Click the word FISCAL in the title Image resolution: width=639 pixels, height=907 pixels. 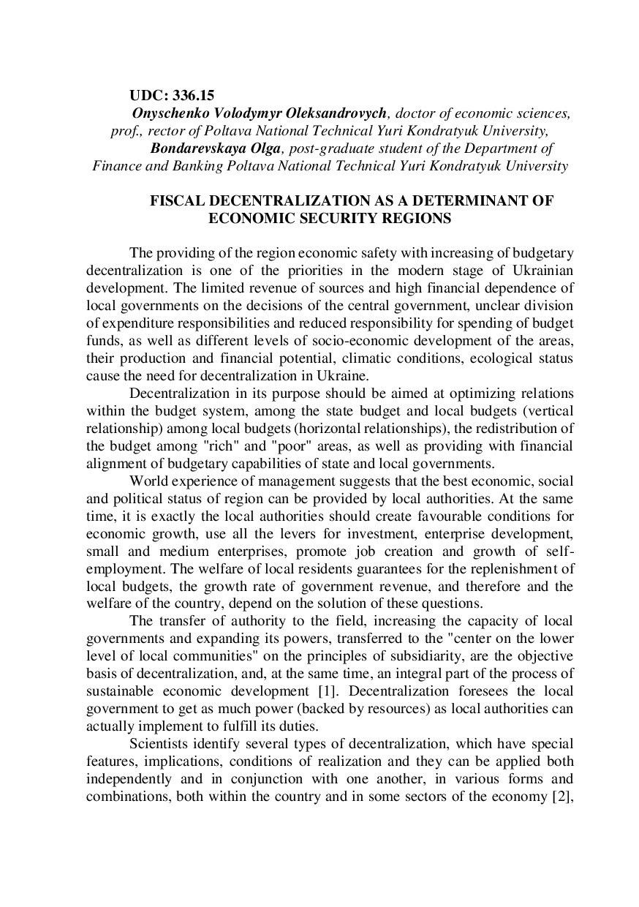pyautogui.click(x=173, y=200)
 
